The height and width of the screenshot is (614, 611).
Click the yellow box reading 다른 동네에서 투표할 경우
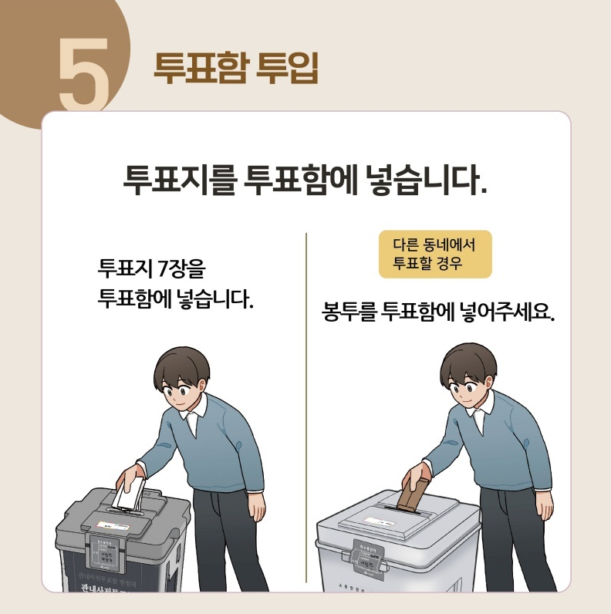pyautogui.click(x=434, y=255)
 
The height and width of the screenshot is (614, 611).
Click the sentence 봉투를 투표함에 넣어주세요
pyautogui.click(x=438, y=315)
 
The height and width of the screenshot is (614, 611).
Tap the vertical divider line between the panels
pyautogui.click(x=306, y=409)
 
